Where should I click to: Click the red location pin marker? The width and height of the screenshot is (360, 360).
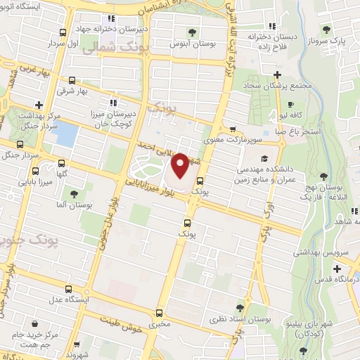coord(180,166)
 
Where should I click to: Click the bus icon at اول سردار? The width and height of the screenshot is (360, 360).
coord(64,32)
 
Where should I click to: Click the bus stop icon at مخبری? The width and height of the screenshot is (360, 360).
coord(159,314)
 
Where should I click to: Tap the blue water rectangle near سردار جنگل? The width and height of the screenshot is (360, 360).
coord(66,134)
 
